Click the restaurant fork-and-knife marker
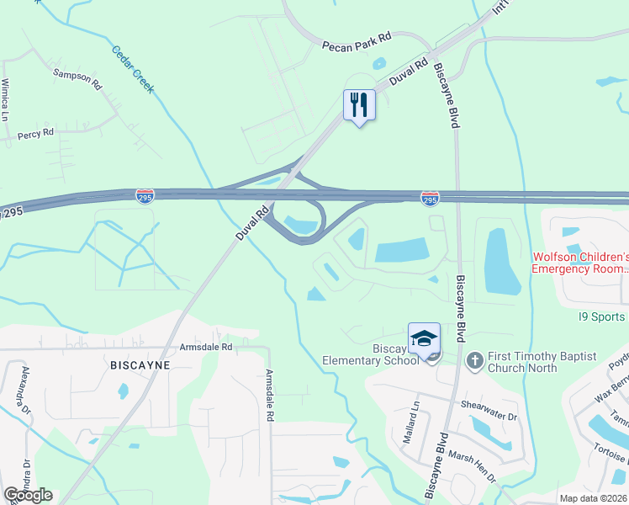[x=359, y=105]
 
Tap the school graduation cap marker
[x=424, y=338]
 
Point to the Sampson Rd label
[x=77, y=79]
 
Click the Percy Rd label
[x=35, y=133]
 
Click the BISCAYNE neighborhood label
[x=140, y=365]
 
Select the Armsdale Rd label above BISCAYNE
[x=205, y=347]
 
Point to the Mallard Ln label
[x=415, y=415]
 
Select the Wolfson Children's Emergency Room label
[x=580, y=263]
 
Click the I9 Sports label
[x=601, y=316]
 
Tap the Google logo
[x=28, y=495]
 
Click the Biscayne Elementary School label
[x=370, y=354]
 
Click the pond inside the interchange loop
[x=302, y=225]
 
